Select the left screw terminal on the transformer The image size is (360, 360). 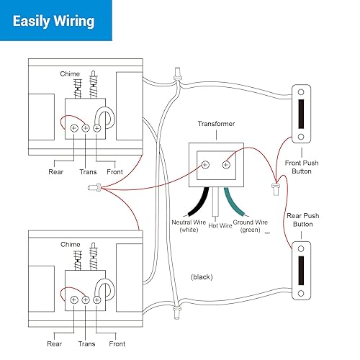(x=205, y=164)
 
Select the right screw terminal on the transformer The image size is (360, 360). (x=226, y=164)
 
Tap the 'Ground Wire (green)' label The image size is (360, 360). (x=252, y=225)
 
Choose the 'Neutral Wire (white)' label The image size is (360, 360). (x=188, y=225)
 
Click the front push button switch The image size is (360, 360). (x=301, y=114)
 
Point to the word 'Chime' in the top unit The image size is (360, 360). (x=71, y=75)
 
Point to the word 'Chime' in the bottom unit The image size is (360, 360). (x=71, y=245)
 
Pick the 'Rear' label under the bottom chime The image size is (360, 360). (x=55, y=343)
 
